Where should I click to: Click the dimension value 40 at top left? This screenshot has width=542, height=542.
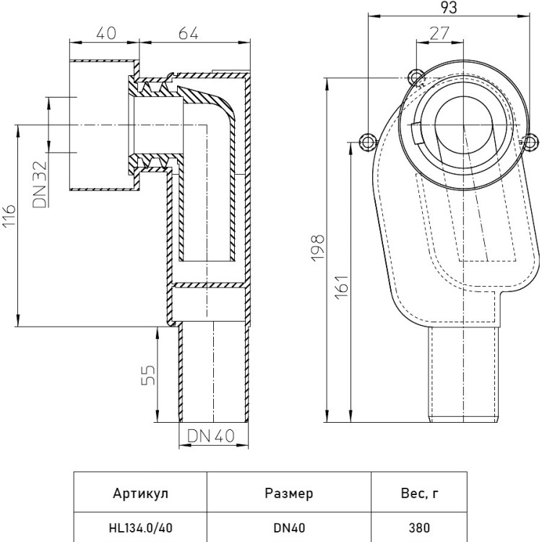(x=106, y=33)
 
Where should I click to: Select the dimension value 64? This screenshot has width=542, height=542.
(x=189, y=33)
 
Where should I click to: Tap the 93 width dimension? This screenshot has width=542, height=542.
(x=449, y=7)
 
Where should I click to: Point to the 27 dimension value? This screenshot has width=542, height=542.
(x=439, y=33)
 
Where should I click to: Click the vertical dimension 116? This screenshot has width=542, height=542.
(x=9, y=215)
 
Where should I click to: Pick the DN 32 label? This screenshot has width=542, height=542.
(x=39, y=184)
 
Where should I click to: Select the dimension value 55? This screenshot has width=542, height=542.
(x=148, y=374)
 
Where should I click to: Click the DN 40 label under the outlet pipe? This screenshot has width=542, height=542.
(x=211, y=436)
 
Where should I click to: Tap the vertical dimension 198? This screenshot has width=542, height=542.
(x=317, y=248)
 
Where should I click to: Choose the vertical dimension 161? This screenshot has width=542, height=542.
(x=343, y=287)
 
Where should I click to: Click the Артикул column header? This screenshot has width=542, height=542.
(x=141, y=494)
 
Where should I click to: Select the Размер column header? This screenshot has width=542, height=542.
(x=289, y=494)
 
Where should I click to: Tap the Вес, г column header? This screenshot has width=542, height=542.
(x=419, y=494)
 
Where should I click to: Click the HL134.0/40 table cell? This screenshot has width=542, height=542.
(x=141, y=528)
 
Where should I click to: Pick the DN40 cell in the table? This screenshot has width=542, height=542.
(x=289, y=528)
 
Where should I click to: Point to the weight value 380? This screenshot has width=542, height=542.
(x=419, y=528)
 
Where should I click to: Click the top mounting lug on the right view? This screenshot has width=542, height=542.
(x=416, y=77)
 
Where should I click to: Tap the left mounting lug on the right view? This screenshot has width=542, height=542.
(x=368, y=142)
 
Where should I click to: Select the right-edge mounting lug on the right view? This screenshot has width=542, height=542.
(x=532, y=142)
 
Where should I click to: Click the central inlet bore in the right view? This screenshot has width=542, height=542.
(x=463, y=125)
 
